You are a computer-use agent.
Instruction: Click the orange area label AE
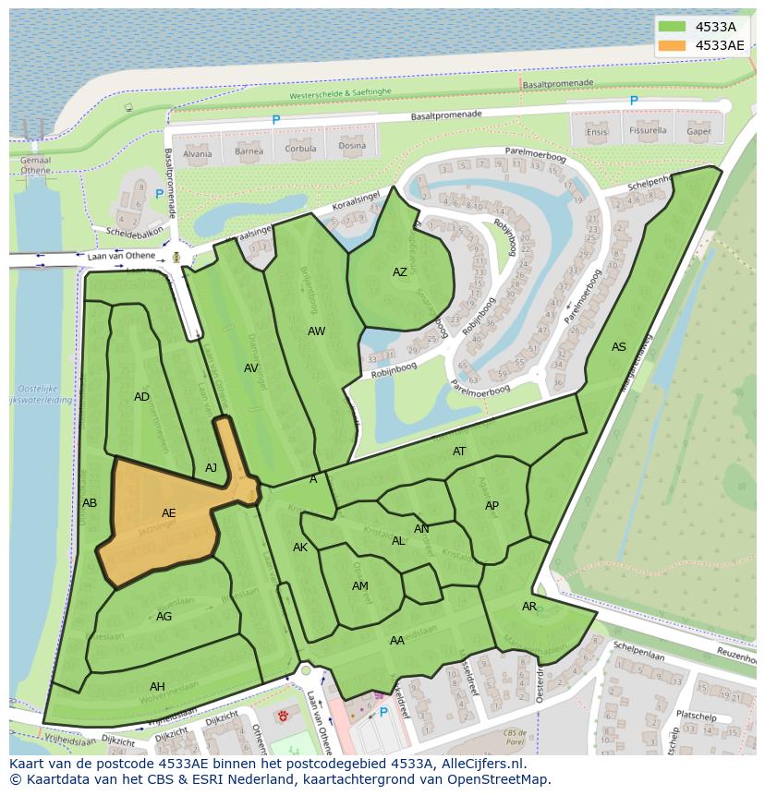tap(168, 513)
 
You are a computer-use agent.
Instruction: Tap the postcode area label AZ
tap(399, 272)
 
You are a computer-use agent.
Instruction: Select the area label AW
tap(316, 331)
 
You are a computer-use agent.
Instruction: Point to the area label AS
tap(618, 347)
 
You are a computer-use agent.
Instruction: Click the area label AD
tap(141, 397)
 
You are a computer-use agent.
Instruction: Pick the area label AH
tap(157, 686)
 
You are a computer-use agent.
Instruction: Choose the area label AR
tap(528, 607)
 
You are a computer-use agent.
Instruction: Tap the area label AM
tap(359, 586)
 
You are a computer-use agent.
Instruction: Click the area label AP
tap(492, 506)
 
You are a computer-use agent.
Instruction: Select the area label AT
tap(459, 452)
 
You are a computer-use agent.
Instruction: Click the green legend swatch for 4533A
tap(673, 27)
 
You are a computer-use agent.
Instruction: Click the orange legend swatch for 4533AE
tap(673, 45)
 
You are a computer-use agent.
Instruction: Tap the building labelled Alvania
tap(197, 153)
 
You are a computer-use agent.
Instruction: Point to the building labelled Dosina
tap(351, 146)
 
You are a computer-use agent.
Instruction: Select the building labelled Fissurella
tap(647, 131)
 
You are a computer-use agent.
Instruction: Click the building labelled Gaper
tap(698, 131)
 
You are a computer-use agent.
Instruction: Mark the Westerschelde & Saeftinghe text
tap(353, 94)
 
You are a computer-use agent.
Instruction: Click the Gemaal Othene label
tap(35, 164)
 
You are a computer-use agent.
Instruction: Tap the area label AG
tap(164, 617)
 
